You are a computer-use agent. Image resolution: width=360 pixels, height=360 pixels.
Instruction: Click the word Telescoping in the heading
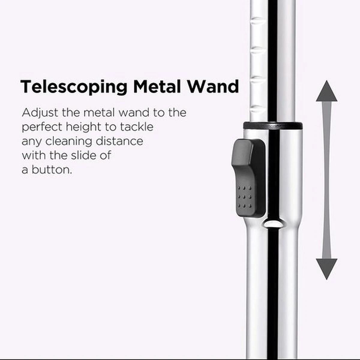tap(74, 87)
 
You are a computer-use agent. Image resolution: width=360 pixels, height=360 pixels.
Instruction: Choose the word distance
tap(120, 141)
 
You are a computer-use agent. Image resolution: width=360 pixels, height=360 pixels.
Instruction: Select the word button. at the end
tap(52, 169)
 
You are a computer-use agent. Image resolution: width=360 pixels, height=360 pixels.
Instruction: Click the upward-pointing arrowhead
tap(327, 91)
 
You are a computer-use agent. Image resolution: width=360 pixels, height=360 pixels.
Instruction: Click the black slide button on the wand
tap(248, 178)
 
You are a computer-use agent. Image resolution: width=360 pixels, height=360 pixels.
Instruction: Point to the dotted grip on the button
tap(244, 197)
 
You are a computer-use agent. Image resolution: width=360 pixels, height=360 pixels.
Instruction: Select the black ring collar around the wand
tap(273, 125)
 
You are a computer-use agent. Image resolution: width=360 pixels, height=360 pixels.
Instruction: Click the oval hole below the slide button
tap(273, 223)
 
